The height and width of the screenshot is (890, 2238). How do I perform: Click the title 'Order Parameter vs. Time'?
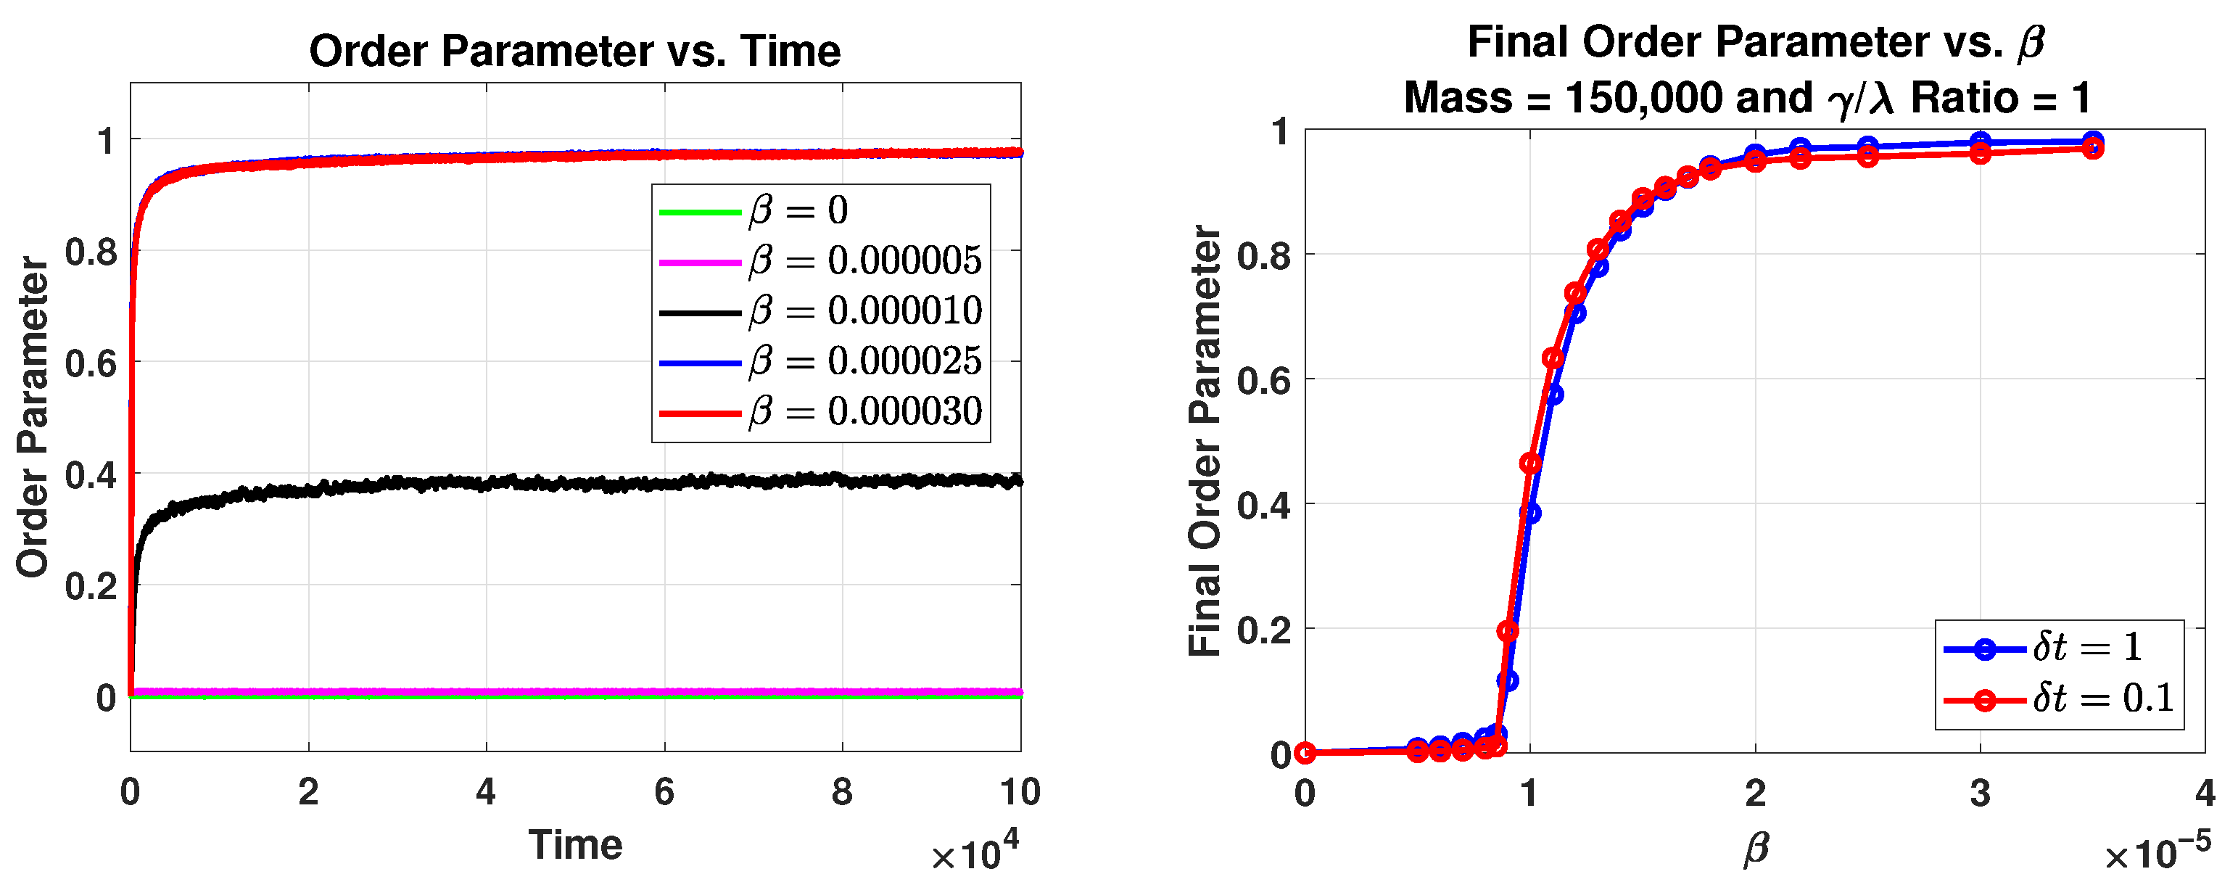pos(574,50)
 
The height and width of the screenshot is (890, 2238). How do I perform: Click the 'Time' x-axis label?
pos(575,845)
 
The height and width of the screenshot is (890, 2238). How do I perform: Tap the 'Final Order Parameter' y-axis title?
pos(1205,441)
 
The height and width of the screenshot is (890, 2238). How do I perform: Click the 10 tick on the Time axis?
pos(1020,792)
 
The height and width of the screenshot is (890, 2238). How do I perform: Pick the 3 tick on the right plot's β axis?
pos(1980,793)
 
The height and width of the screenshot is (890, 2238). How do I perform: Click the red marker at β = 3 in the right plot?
pos(1980,154)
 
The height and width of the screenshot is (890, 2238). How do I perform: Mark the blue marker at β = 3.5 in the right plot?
pos(2093,141)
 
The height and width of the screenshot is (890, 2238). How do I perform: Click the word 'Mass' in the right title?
pos(1457,97)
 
